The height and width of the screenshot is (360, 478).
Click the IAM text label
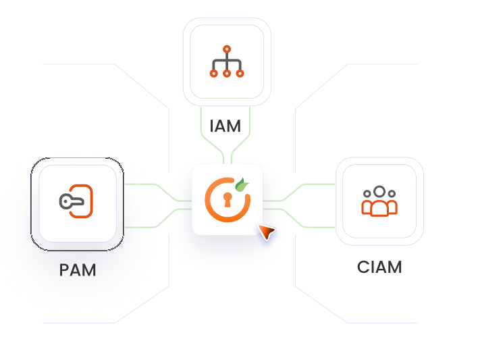[225, 126]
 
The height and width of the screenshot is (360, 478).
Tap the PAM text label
[78, 270]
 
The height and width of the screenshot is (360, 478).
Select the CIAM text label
[379, 267]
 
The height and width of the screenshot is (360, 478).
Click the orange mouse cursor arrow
[267, 232]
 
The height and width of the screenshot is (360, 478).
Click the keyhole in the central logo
[228, 201]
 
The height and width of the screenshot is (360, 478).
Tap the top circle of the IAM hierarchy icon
[227, 49]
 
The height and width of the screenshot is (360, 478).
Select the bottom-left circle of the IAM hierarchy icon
[214, 73]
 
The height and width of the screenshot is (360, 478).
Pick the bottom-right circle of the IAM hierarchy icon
[240, 73]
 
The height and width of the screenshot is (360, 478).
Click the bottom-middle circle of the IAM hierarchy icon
[227, 73]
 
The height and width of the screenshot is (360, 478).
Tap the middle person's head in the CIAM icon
[379, 191]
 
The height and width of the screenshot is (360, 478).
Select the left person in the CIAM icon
[367, 203]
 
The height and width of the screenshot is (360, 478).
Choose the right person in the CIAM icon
[392, 203]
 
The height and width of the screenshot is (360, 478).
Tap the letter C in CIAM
[363, 267]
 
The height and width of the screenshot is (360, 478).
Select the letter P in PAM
[64, 270]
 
